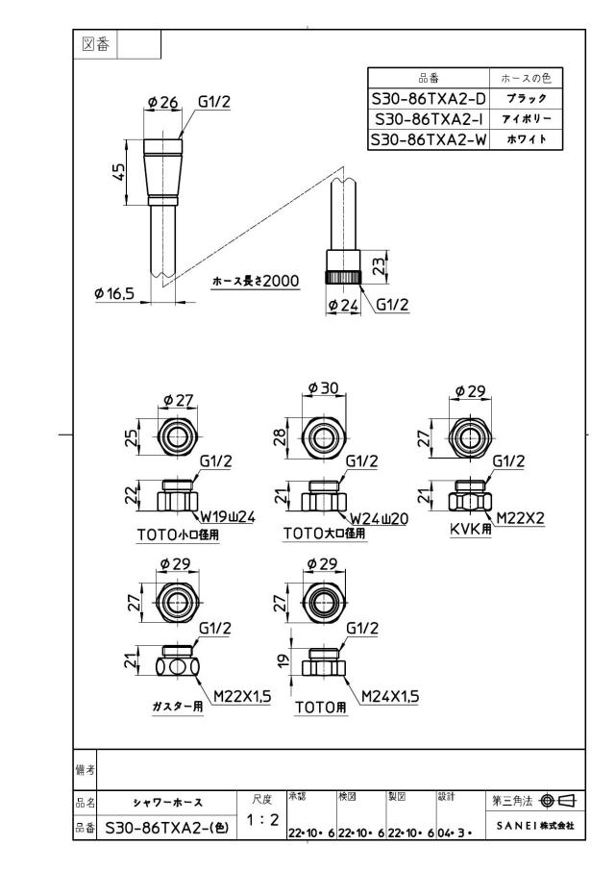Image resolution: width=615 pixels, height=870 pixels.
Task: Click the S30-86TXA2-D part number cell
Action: click(429, 99)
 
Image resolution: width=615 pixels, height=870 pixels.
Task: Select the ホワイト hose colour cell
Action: click(527, 139)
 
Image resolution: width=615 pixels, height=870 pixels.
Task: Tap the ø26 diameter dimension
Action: click(163, 102)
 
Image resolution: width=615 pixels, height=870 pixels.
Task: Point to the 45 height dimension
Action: click(118, 171)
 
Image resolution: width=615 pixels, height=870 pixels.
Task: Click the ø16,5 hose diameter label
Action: click(114, 293)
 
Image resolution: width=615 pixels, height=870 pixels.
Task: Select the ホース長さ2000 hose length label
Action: click(256, 282)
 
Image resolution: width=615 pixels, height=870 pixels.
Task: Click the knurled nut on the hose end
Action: click(343, 278)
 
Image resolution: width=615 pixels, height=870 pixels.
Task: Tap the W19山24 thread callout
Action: click(228, 517)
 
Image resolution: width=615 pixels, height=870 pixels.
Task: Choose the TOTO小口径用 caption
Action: click(178, 534)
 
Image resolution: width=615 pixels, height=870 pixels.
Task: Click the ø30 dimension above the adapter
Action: click(323, 387)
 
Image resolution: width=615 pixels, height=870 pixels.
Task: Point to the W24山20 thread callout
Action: click(380, 519)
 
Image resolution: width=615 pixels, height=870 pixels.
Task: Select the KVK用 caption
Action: click(470, 529)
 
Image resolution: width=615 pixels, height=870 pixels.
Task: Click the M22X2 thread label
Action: click(520, 517)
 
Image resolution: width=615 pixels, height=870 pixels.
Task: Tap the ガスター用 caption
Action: click(178, 707)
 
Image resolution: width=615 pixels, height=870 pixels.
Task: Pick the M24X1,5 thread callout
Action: click(390, 696)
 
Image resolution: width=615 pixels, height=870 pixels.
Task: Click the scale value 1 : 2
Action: click(262, 819)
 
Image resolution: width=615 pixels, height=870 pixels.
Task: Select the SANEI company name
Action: click(535, 826)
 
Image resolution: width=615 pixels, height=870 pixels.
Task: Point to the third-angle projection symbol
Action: click(558, 800)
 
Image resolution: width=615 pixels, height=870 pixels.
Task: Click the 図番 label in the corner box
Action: click(95, 44)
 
